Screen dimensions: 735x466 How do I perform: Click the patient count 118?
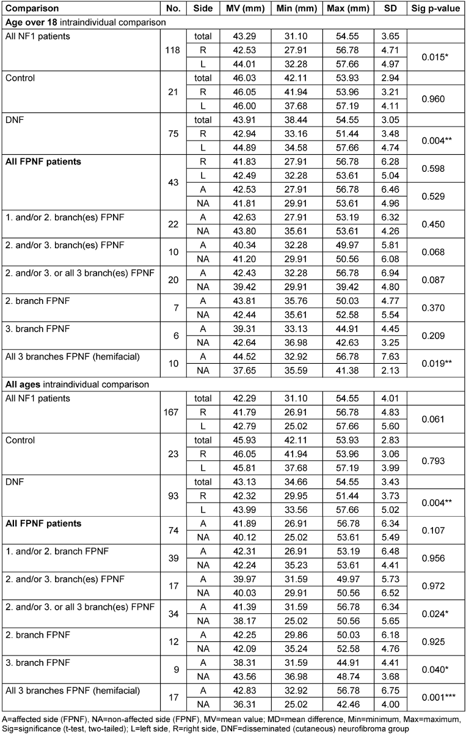(172, 50)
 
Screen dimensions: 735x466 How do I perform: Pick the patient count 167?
(172, 412)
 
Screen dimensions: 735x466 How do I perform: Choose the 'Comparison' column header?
(31, 9)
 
